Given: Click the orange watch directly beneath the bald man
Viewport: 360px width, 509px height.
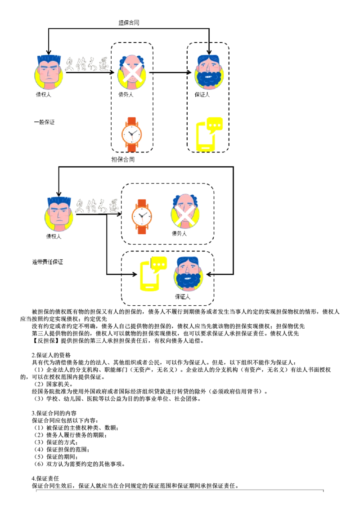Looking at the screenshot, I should [x=132, y=134].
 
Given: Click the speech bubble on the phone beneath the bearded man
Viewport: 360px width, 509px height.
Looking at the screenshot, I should [x=215, y=125].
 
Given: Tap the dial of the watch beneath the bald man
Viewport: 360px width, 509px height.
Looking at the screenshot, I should [x=132, y=134].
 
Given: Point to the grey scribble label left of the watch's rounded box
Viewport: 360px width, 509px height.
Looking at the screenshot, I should [x=97, y=205].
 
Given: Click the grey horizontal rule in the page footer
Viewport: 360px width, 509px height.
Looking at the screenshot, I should [x=175, y=491].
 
